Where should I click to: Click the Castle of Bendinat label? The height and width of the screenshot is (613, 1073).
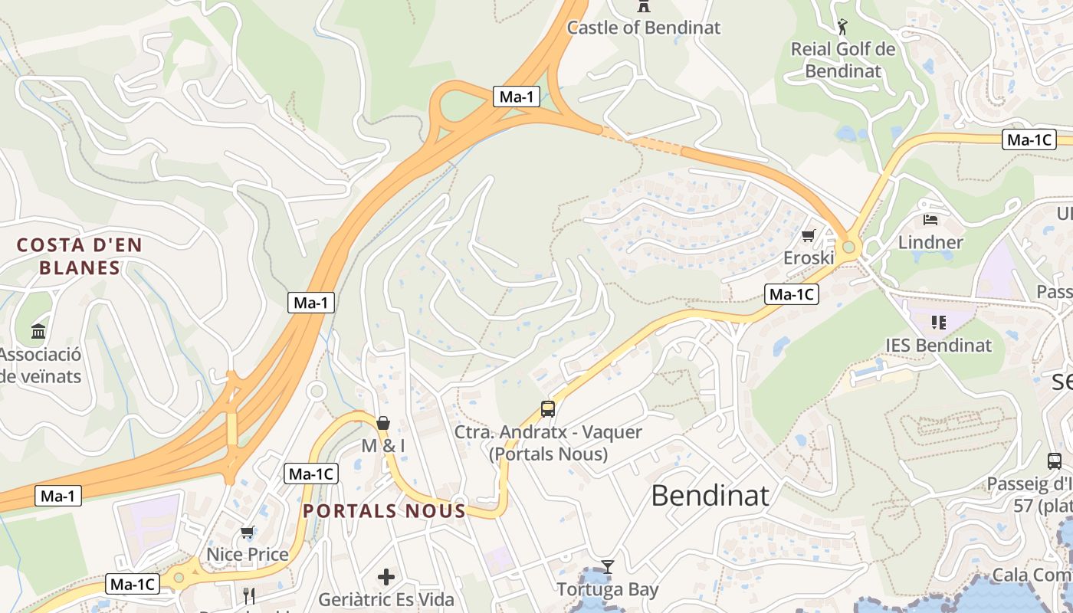(x=644, y=28)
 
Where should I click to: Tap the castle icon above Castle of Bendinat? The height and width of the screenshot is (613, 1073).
(x=644, y=6)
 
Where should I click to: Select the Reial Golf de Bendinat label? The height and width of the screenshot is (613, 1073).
(x=843, y=60)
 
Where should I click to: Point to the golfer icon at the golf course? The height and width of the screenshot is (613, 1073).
(x=843, y=28)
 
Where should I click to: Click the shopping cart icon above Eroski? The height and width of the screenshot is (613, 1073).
(x=809, y=235)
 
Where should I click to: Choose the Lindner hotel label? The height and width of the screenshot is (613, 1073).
(x=930, y=243)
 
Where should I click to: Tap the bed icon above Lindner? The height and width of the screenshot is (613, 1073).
(x=930, y=220)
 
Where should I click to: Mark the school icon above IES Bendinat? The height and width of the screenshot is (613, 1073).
(x=938, y=323)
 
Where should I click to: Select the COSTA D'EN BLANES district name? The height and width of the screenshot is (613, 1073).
(x=80, y=256)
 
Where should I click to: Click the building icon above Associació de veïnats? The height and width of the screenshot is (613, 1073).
(x=38, y=331)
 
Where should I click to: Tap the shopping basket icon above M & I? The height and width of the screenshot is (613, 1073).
(x=383, y=423)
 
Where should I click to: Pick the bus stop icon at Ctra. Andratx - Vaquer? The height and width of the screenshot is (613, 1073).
(x=548, y=408)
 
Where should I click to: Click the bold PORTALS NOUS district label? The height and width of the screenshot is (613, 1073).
(x=384, y=511)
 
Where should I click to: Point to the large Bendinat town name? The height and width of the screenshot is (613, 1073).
(x=710, y=496)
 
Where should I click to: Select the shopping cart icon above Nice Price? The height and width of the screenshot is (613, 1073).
(x=248, y=532)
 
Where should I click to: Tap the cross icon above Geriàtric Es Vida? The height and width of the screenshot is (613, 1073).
(x=386, y=576)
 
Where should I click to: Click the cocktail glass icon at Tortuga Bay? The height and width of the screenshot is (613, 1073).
(x=608, y=567)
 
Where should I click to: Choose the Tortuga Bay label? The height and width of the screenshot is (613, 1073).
(x=608, y=589)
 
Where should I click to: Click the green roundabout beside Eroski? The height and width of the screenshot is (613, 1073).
(x=848, y=247)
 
